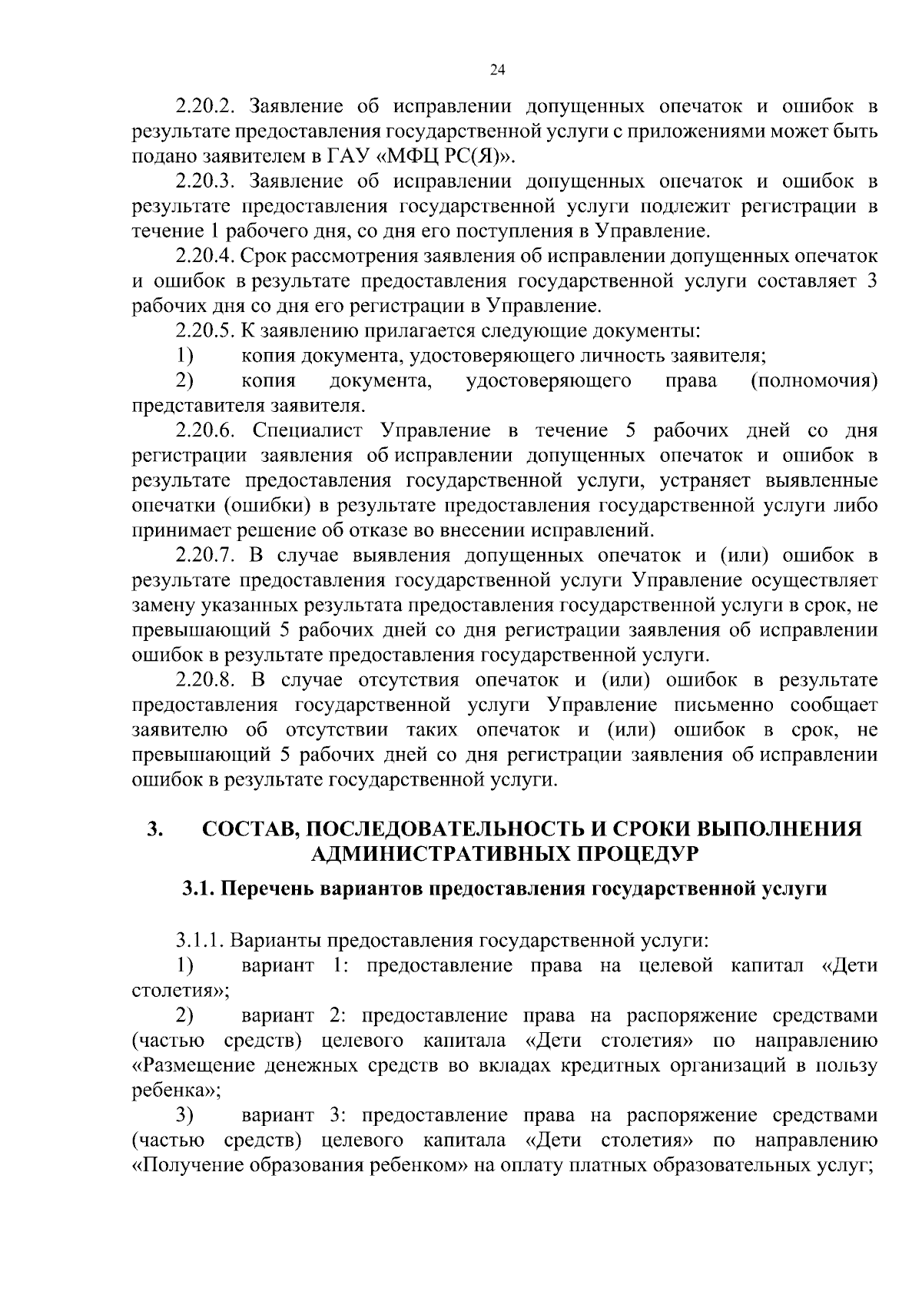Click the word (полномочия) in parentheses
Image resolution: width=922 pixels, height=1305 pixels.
(814, 381)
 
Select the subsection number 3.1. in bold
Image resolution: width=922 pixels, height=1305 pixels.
(199, 889)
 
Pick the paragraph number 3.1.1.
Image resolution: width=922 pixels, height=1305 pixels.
(201, 940)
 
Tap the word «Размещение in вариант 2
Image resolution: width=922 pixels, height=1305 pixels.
(191, 1065)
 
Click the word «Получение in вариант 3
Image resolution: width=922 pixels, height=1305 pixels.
(184, 1165)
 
